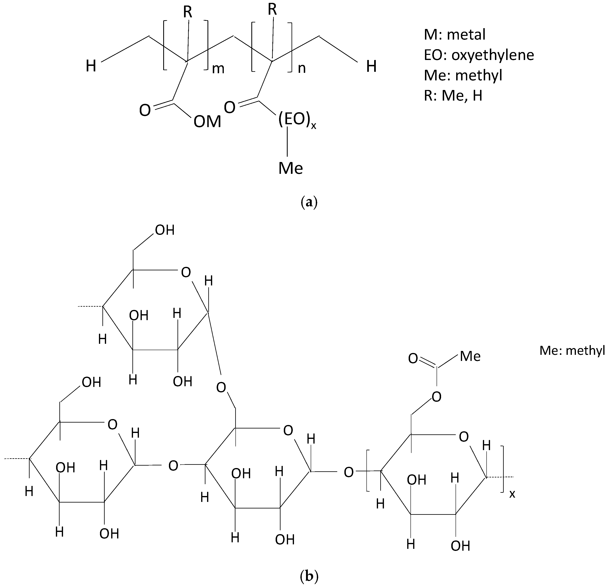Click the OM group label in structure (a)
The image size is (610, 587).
(x=207, y=122)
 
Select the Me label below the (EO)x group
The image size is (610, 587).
(x=290, y=168)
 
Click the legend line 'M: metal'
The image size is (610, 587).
(x=454, y=34)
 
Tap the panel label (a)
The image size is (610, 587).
(x=309, y=202)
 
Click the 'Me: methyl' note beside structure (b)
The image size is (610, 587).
(x=572, y=351)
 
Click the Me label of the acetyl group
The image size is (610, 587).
(x=470, y=356)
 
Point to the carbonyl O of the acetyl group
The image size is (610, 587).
(x=413, y=358)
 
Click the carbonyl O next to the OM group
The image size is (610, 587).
(x=145, y=110)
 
